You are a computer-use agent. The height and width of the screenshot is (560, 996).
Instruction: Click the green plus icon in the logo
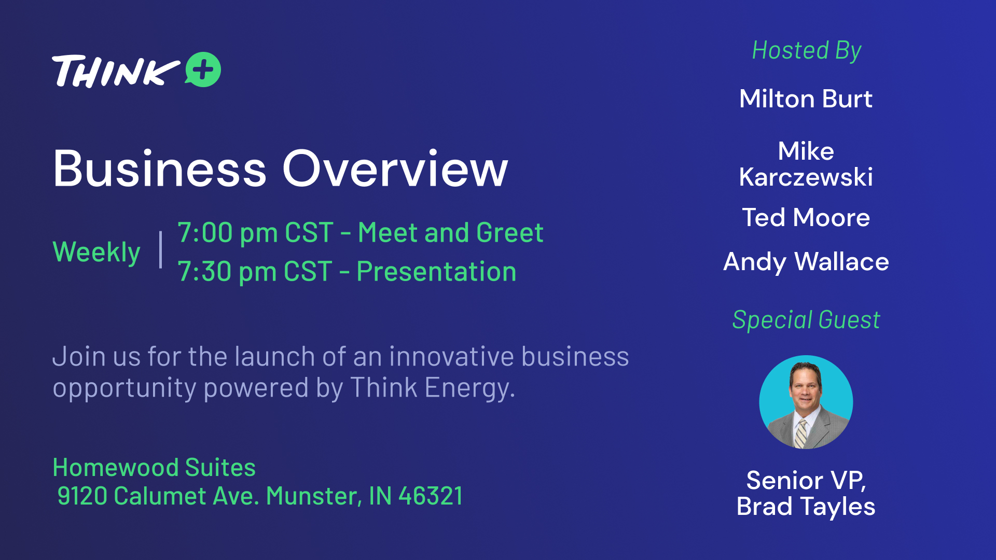[203, 69]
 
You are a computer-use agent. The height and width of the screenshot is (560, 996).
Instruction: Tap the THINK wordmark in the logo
[116, 71]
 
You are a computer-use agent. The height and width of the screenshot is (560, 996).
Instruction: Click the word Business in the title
[160, 169]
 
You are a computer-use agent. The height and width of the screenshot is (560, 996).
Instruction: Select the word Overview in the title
[395, 169]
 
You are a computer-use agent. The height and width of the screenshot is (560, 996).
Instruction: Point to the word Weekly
[96, 253]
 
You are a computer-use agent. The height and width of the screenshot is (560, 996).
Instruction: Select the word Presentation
[436, 271]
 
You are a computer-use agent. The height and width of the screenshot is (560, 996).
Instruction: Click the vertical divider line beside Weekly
[161, 250]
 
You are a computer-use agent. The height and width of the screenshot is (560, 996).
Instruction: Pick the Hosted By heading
[807, 51]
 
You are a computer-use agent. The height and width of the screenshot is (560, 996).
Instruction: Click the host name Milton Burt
[806, 99]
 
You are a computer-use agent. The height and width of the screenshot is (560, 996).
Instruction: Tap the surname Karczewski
[806, 177]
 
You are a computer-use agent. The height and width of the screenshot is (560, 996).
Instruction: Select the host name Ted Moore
[806, 217]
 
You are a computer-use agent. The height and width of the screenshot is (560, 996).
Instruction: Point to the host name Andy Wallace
[806, 262]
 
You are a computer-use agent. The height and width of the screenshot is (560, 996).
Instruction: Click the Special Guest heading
[806, 320]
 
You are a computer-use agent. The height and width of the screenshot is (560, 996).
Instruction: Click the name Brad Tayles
[806, 507]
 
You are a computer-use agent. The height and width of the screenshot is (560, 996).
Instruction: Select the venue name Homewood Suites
[154, 467]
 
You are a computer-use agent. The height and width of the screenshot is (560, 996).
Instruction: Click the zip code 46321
[430, 496]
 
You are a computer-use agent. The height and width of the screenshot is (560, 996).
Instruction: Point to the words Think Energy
[433, 388]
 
